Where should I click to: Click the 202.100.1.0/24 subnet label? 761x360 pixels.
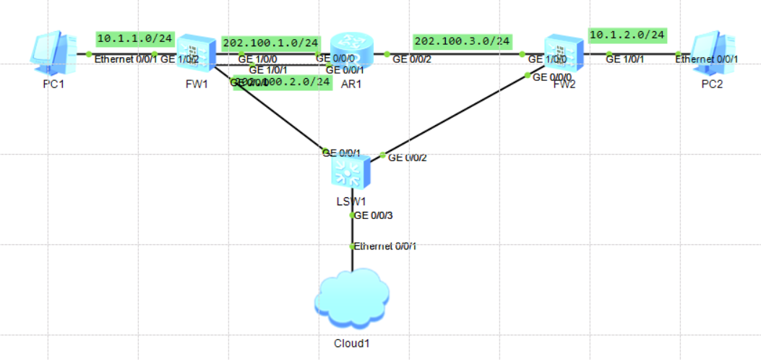pos(270,43)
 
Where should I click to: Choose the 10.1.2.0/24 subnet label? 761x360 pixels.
pos(627,35)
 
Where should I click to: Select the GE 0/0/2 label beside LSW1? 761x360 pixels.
pos(408,158)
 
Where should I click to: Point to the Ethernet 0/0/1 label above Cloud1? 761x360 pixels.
pos(385,247)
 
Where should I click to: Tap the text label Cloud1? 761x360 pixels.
pos(352,343)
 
